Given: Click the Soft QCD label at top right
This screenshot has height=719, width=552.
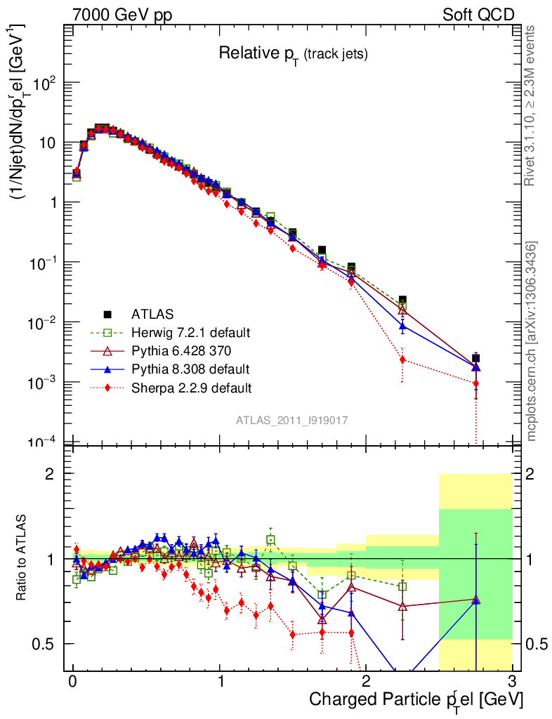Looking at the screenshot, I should [x=478, y=15].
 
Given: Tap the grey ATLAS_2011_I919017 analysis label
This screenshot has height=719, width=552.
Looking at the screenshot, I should [x=292, y=420].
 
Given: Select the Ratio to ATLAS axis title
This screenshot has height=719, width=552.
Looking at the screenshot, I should [x=22, y=559].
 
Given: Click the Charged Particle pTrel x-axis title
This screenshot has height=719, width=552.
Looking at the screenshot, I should [x=416, y=699].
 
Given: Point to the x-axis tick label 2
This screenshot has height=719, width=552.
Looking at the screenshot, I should [x=366, y=682].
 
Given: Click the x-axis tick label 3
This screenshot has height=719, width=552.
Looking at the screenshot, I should [x=512, y=682].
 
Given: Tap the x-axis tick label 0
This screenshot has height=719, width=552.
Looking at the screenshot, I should [x=72, y=682].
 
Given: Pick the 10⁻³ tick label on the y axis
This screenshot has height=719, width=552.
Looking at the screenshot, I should [x=48, y=382].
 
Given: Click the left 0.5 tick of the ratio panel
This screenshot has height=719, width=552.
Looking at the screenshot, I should [x=48, y=643].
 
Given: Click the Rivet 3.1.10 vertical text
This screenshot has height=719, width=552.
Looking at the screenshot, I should [x=530, y=105].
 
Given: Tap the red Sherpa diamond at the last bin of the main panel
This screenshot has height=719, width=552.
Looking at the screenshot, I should [x=476, y=383].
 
